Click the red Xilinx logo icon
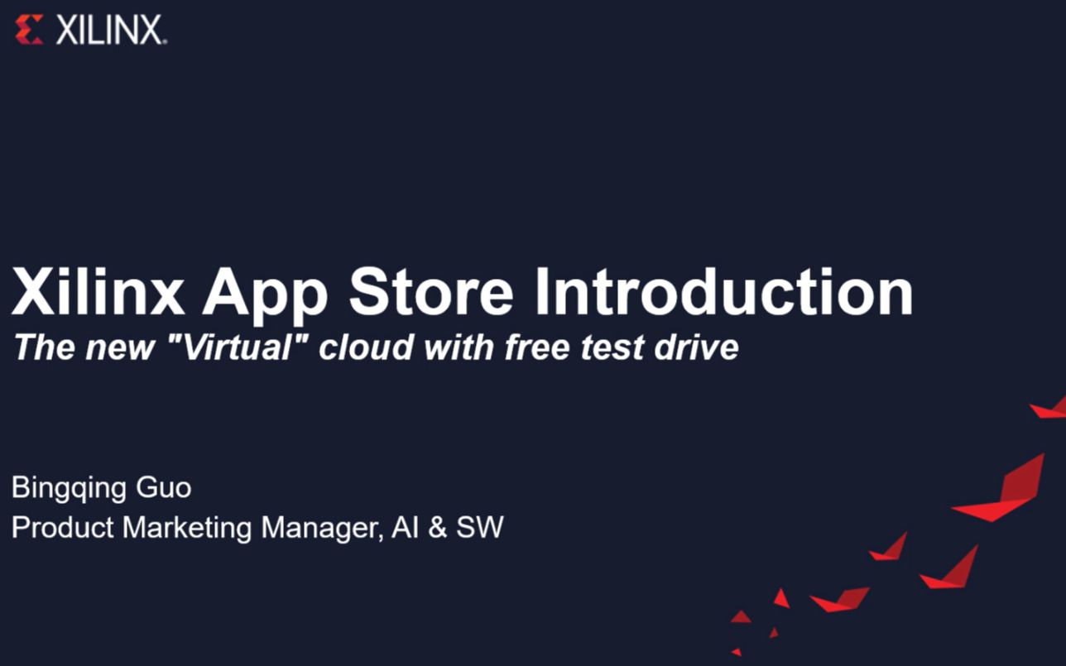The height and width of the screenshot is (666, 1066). (x=29, y=31)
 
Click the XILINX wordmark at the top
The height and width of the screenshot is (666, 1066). (x=111, y=31)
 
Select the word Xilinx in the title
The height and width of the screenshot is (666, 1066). (x=98, y=291)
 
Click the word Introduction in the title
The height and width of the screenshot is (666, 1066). (x=723, y=291)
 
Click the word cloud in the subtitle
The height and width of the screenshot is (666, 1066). (x=365, y=347)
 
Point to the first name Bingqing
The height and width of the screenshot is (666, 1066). (x=68, y=488)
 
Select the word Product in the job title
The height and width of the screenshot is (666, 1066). (x=63, y=527)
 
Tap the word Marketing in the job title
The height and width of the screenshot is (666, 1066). (x=188, y=528)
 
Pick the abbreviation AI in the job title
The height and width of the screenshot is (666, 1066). (x=405, y=527)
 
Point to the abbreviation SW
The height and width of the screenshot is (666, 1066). (x=480, y=527)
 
